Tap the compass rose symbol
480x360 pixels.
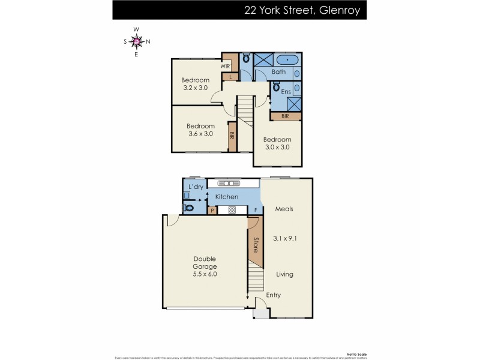136,41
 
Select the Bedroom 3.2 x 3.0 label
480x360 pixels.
195,84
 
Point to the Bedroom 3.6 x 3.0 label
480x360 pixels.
200,130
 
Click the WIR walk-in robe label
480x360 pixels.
226,67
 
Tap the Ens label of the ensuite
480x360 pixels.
286,92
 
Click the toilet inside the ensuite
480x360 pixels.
277,87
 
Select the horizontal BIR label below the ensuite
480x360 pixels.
285,116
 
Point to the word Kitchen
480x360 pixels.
226,197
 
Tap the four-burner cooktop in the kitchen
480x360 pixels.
232,210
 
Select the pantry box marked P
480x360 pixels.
212,211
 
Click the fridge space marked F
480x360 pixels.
256,211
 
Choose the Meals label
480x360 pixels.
284,209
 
